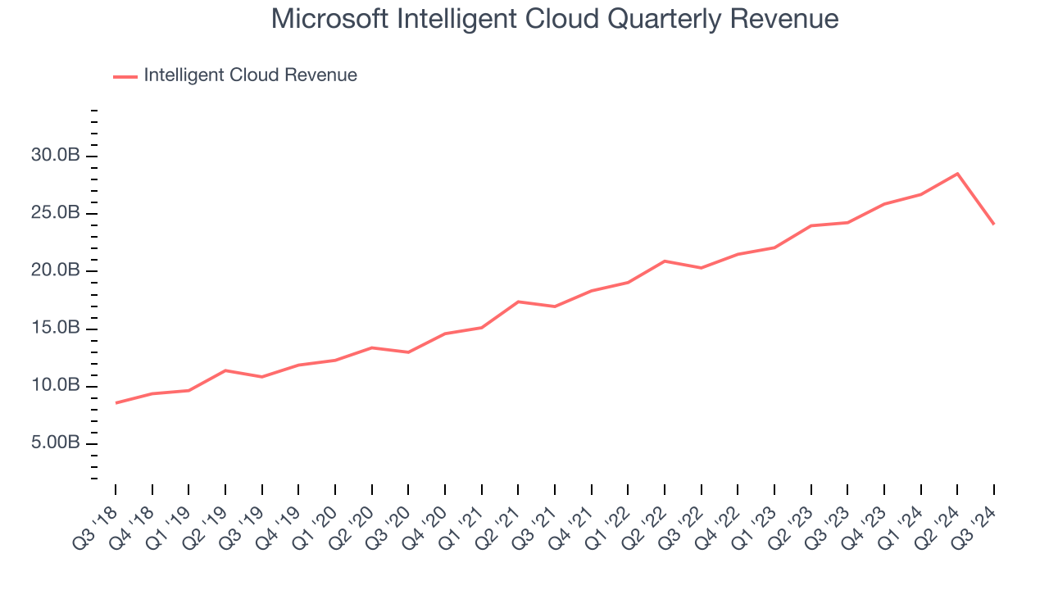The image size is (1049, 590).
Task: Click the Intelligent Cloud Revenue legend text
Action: (x=250, y=75)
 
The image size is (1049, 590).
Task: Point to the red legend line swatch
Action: (x=125, y=76)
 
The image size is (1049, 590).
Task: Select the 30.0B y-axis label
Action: (x=55, y=156)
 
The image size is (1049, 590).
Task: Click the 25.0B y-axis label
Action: (x=55, y=213)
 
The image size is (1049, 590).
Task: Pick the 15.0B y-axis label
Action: (x=55, y=329)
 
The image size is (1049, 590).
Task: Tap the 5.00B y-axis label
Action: (x=55, y=443)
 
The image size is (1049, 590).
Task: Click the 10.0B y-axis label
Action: (x=55, y=386)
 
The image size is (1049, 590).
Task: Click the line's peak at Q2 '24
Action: (x=957, y=174)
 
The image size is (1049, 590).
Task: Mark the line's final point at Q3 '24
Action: (x=993, y=224)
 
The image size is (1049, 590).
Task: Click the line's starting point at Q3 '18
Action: (x=116, y=402)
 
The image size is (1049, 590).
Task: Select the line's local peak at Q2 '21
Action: (x=518, y=302)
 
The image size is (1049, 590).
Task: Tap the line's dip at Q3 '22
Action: (x=702, y=268)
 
